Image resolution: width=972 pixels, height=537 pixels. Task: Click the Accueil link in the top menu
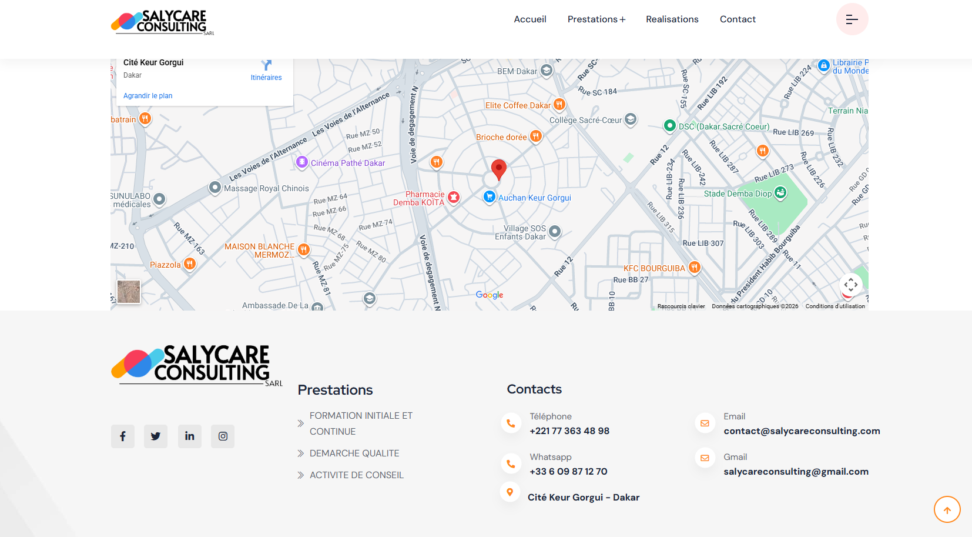(529, 19)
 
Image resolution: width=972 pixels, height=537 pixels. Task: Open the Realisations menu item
(672, 19)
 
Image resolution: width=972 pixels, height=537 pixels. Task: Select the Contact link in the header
(738, 19)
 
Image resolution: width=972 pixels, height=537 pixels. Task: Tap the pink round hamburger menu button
(852, 19)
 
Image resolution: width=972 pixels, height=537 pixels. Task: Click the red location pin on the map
(498, 169)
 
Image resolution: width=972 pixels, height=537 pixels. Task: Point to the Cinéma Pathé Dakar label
(348, 163)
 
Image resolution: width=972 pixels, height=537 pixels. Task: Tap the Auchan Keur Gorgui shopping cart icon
(489, 197)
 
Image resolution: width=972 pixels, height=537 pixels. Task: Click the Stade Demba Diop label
(738, 194)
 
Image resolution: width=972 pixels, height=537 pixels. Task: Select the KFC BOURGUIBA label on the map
(654, 268)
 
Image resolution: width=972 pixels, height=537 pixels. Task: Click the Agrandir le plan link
(148, 96)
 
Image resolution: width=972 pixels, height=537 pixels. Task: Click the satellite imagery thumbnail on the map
(129, 291)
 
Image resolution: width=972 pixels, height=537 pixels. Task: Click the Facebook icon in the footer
(123, 436)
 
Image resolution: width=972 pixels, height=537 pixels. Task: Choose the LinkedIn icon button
(189, 436)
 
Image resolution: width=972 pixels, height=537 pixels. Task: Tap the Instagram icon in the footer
(223, 436)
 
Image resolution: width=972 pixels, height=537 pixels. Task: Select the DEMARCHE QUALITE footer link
(354, 453)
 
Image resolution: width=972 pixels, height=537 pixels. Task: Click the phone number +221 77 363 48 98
(569, 431)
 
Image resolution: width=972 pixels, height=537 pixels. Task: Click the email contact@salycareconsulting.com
(802, 431)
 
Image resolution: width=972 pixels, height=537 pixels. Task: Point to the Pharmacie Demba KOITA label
(419, 198)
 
